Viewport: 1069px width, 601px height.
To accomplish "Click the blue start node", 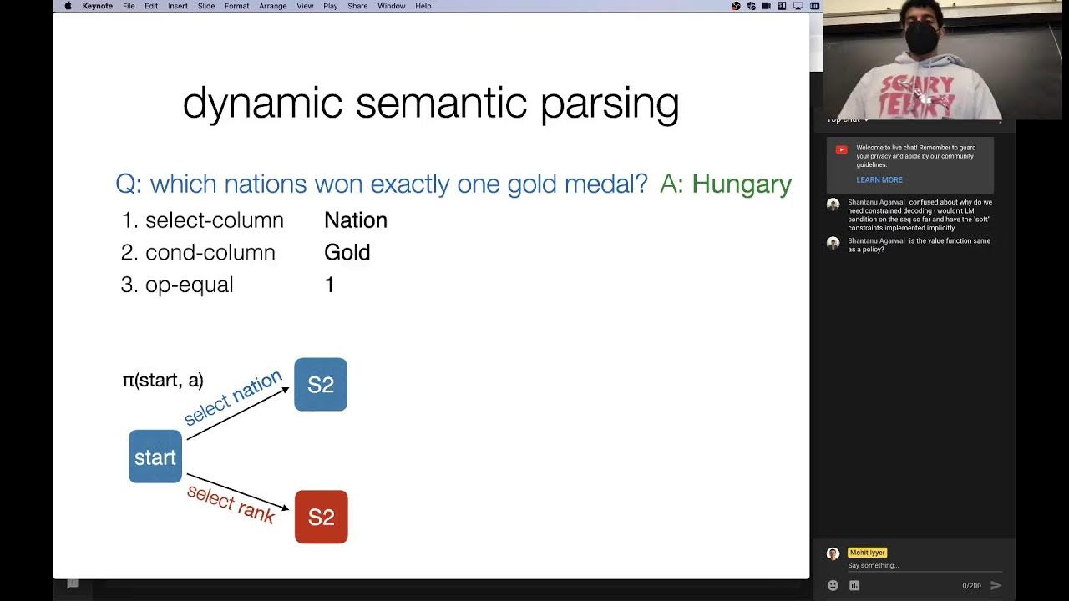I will [155, 457].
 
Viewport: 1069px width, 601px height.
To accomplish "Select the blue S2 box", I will [321, 385].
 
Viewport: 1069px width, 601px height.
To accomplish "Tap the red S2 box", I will [322, 517].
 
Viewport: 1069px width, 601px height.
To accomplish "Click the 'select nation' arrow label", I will [233, 398].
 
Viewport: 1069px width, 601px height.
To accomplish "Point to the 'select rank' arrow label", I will [231, 503].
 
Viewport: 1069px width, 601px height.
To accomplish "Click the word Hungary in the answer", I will [742, 184].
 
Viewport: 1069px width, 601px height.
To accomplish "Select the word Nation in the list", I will [356, 220].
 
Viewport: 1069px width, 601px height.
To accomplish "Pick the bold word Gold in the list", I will [347, 253].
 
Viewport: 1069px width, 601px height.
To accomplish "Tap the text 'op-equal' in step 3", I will [190, 285].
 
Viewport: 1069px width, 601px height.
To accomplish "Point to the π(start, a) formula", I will [163, 381].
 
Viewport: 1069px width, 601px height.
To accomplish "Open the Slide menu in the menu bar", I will [206, 6].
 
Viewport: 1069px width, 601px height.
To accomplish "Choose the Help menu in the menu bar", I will [423, 6].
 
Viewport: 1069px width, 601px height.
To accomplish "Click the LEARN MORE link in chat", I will [879, 179].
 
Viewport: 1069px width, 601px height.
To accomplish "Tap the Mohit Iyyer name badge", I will [867, 553].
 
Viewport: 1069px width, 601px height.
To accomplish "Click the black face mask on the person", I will [922, 38].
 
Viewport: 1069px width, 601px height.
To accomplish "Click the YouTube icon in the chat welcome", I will [841, 149].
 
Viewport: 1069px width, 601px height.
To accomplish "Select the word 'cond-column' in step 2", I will [210, 253].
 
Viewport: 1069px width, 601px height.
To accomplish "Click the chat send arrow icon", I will [996, 585].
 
